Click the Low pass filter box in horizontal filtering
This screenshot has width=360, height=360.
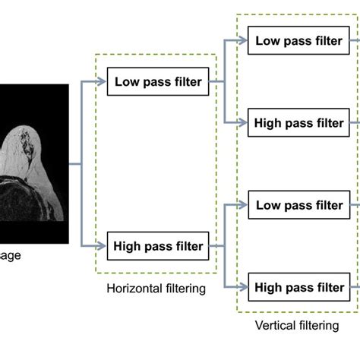[159, 82]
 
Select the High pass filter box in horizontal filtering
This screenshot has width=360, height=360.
[159, 245]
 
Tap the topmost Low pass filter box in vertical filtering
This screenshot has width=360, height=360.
[299, 41]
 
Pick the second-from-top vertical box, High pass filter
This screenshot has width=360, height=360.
[299, 123]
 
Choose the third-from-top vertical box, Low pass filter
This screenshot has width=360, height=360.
[299, 205]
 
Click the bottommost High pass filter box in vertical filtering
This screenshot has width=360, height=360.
[299, 287]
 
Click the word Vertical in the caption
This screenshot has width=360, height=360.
[275, 326]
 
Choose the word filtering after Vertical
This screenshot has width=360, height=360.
[317, 326]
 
